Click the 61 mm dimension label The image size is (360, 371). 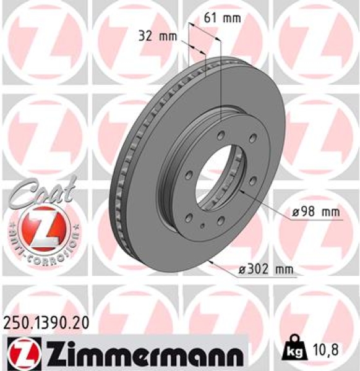[x=221, y=17]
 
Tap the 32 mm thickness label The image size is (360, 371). [x=156, y=36]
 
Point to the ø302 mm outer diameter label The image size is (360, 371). [x=267, y=269]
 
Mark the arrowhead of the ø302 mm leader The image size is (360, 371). [x=212, y=262]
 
